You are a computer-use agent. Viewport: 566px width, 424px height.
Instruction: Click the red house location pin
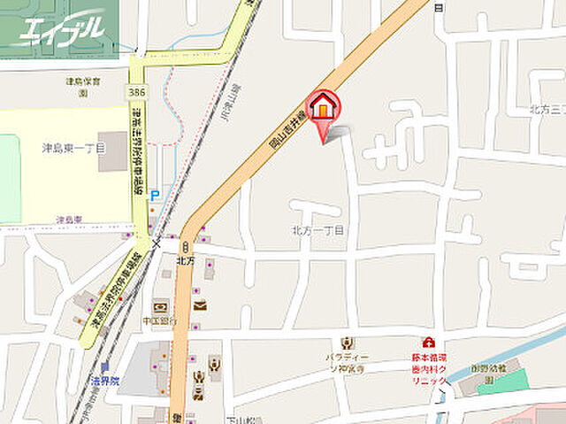point(324,106)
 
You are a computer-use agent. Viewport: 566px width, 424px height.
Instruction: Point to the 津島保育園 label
point(85,81)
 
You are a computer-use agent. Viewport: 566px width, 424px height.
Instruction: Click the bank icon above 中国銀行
point(160,305)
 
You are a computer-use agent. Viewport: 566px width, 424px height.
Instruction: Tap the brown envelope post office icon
point(199,305)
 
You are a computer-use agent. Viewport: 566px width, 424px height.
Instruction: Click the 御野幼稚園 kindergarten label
point(489,368)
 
